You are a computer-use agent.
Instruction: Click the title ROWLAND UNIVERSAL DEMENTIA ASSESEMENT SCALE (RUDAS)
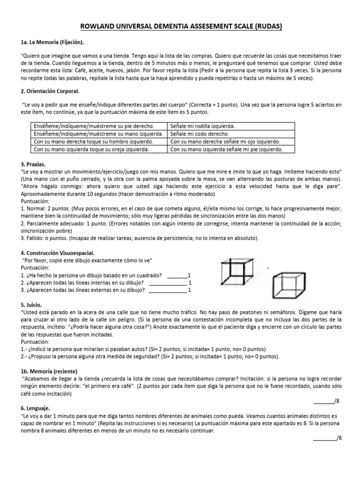180,27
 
